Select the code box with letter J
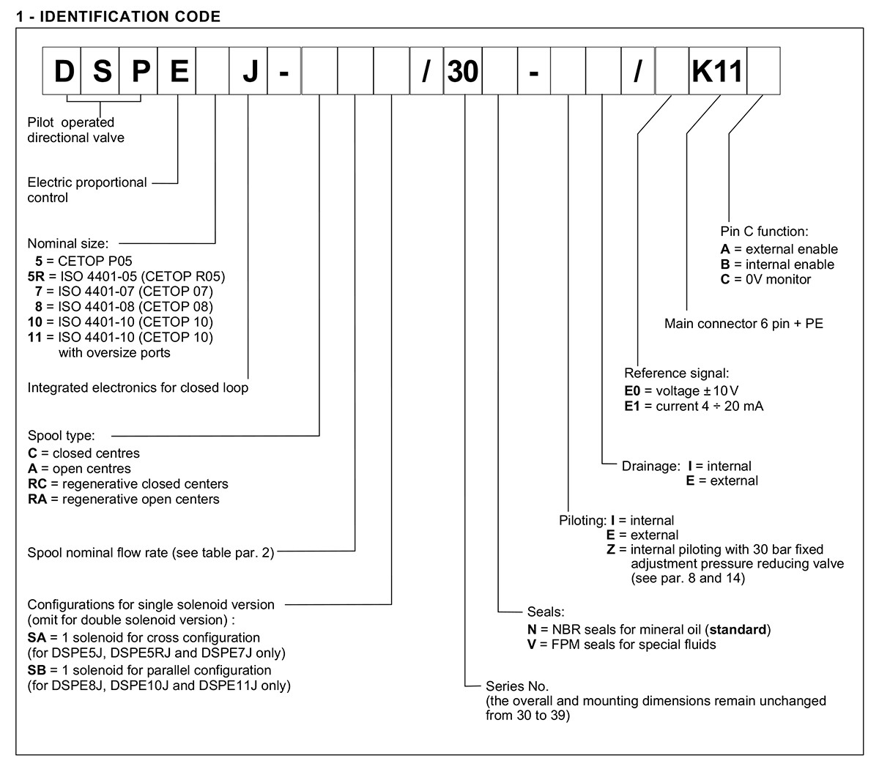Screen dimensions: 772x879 tap(249, 71)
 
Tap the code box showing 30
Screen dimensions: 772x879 tap(463, 71)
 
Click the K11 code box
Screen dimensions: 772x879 tap(718, 71)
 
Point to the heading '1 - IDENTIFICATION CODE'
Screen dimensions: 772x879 tap(118, 16)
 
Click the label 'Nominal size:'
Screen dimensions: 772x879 tap(67, 243)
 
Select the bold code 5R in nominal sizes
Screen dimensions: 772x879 tap(35, 276)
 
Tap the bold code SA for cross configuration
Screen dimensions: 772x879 tap(36, 638)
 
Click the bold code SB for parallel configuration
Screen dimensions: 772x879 tap(36, 670)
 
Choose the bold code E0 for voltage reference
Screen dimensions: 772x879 tap(633, 390)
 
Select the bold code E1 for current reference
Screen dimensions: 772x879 tap(633, 406)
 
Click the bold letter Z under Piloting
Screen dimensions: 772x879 tap(612, 549)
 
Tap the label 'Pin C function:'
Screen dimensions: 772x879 tap(763, 231)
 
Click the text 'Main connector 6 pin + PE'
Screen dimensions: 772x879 tap(743, 323)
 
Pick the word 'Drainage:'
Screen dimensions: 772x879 tap(650, 466)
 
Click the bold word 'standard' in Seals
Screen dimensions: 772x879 tap(741, 629)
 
